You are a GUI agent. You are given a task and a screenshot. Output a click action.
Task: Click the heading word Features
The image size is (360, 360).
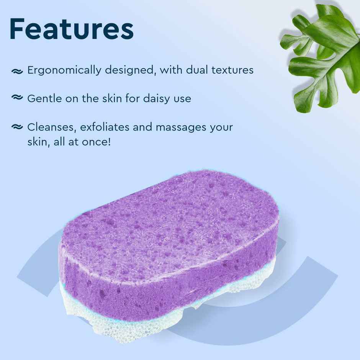[x=71, y=28]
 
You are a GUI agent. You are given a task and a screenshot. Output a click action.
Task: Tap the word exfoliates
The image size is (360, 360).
[x=100, y=127]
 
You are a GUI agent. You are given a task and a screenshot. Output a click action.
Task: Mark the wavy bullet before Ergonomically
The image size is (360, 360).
[x=17, y=71]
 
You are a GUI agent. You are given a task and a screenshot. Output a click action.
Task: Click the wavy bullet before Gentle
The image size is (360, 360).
[x=17, y=98]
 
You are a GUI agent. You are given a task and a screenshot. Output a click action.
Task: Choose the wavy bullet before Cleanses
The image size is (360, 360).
[x=17, y=127]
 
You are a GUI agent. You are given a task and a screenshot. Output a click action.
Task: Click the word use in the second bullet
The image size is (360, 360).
[x=182, y=98]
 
